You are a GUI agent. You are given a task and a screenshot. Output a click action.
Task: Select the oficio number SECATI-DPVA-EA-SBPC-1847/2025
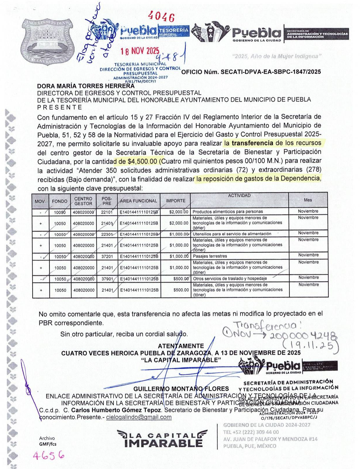coord(251,72)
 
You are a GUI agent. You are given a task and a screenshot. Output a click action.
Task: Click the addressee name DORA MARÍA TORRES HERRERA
coord(86,86)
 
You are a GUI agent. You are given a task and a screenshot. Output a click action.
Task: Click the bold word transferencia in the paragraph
coord(252,143)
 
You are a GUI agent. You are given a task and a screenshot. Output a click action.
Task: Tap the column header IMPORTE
coord(176,201)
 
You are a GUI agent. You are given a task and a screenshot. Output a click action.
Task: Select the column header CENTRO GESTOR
coord(83,201)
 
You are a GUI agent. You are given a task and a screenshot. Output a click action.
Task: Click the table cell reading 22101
coord(107,212)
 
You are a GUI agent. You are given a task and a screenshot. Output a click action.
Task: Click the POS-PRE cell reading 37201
coord(107,257)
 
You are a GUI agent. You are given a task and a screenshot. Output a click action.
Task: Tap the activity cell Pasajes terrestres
coord(210,256)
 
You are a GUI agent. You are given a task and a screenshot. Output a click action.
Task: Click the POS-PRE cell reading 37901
coord(107,279)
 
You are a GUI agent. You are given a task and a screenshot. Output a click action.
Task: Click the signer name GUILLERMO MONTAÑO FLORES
coord(181,389)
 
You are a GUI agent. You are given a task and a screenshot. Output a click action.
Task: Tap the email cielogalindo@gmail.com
coord(139,417)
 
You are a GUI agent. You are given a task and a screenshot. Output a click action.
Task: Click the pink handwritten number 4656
coord(48,455)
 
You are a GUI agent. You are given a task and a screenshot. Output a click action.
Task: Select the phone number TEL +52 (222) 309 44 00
coord(251,432)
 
